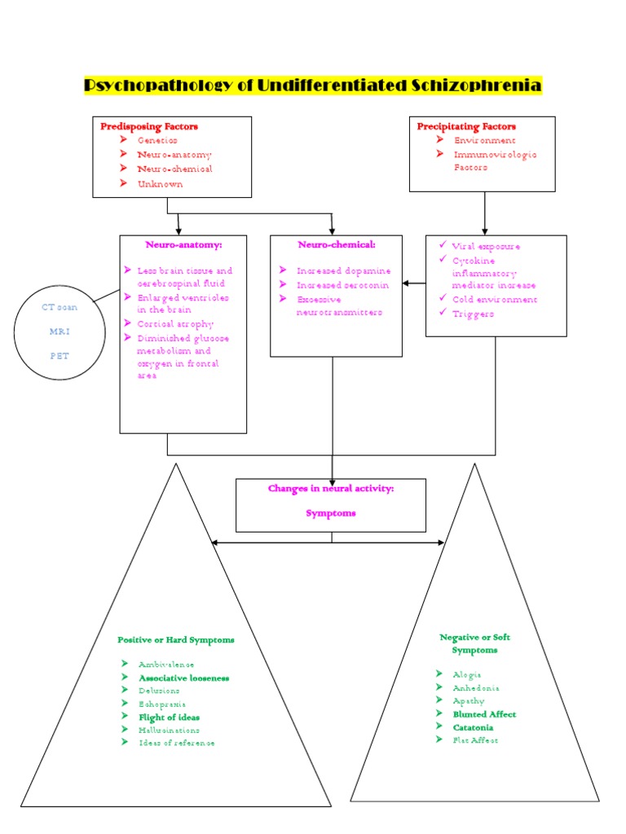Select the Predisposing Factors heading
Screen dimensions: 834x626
pos(149,126)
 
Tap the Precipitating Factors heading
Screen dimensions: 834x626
pos(466,126)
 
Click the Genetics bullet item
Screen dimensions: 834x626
pos(157,140)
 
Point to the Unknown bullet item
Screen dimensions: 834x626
pos(160,183)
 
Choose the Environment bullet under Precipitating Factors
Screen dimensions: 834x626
pos(485,140)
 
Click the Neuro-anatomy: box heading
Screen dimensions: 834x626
pos(183,244)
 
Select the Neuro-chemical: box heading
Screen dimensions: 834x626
pos(337,244)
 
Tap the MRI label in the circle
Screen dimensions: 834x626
pos(60,331)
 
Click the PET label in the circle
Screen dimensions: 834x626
pos(60,356)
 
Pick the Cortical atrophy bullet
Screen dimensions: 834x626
pos(175,323)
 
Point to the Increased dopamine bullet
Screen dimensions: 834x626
pos(343,270)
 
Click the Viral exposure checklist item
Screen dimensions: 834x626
pos(486,246)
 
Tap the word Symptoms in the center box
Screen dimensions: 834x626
pos(331,513)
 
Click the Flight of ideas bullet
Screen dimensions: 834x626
pos(169,718)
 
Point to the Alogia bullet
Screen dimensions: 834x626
pos(467,674)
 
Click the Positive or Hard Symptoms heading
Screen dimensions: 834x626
pos(176,640)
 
